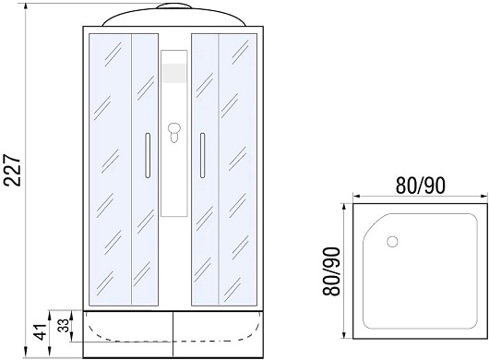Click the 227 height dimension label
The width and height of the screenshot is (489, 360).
click(13, 170)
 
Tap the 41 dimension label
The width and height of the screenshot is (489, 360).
click(41, 332)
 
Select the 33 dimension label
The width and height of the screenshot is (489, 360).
click(64, 325)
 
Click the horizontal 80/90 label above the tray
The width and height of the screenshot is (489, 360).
click(421, 186)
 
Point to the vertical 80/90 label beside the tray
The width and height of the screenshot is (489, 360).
click(330, 271)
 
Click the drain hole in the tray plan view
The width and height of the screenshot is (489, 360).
click(392, 242)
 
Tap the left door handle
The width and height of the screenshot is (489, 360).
click(148, 155)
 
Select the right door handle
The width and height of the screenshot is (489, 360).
click(203, 155)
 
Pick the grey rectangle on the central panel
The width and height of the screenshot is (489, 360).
click(174, 73)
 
